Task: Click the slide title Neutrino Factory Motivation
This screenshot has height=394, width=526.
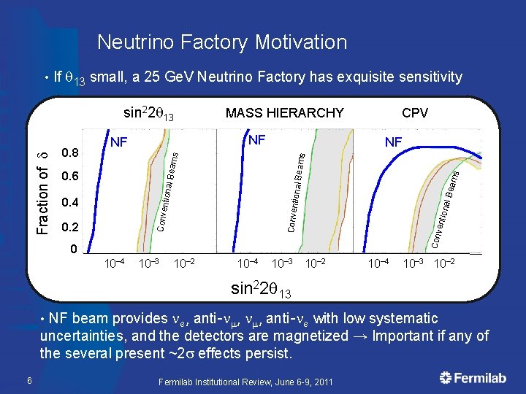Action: [222, 42]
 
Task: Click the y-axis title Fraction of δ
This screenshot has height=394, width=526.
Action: [44, 185]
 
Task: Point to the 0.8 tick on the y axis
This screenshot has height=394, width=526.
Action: [71, 153]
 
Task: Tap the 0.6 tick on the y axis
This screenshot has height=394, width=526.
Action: [71, 177]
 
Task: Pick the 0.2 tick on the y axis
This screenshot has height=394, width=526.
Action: [71, 227]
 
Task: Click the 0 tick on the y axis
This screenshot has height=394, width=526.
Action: [72, 250]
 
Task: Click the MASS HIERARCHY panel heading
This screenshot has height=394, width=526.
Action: [284, 113]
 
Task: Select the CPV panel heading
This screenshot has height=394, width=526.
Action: [415, 113]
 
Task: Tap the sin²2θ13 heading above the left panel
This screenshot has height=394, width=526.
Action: [150, 113]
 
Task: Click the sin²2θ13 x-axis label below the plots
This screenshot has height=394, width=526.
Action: [261, 290]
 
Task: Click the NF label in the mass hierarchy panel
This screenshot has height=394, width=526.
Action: [257, 139]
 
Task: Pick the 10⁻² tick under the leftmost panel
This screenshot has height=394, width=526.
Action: [183, 263]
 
